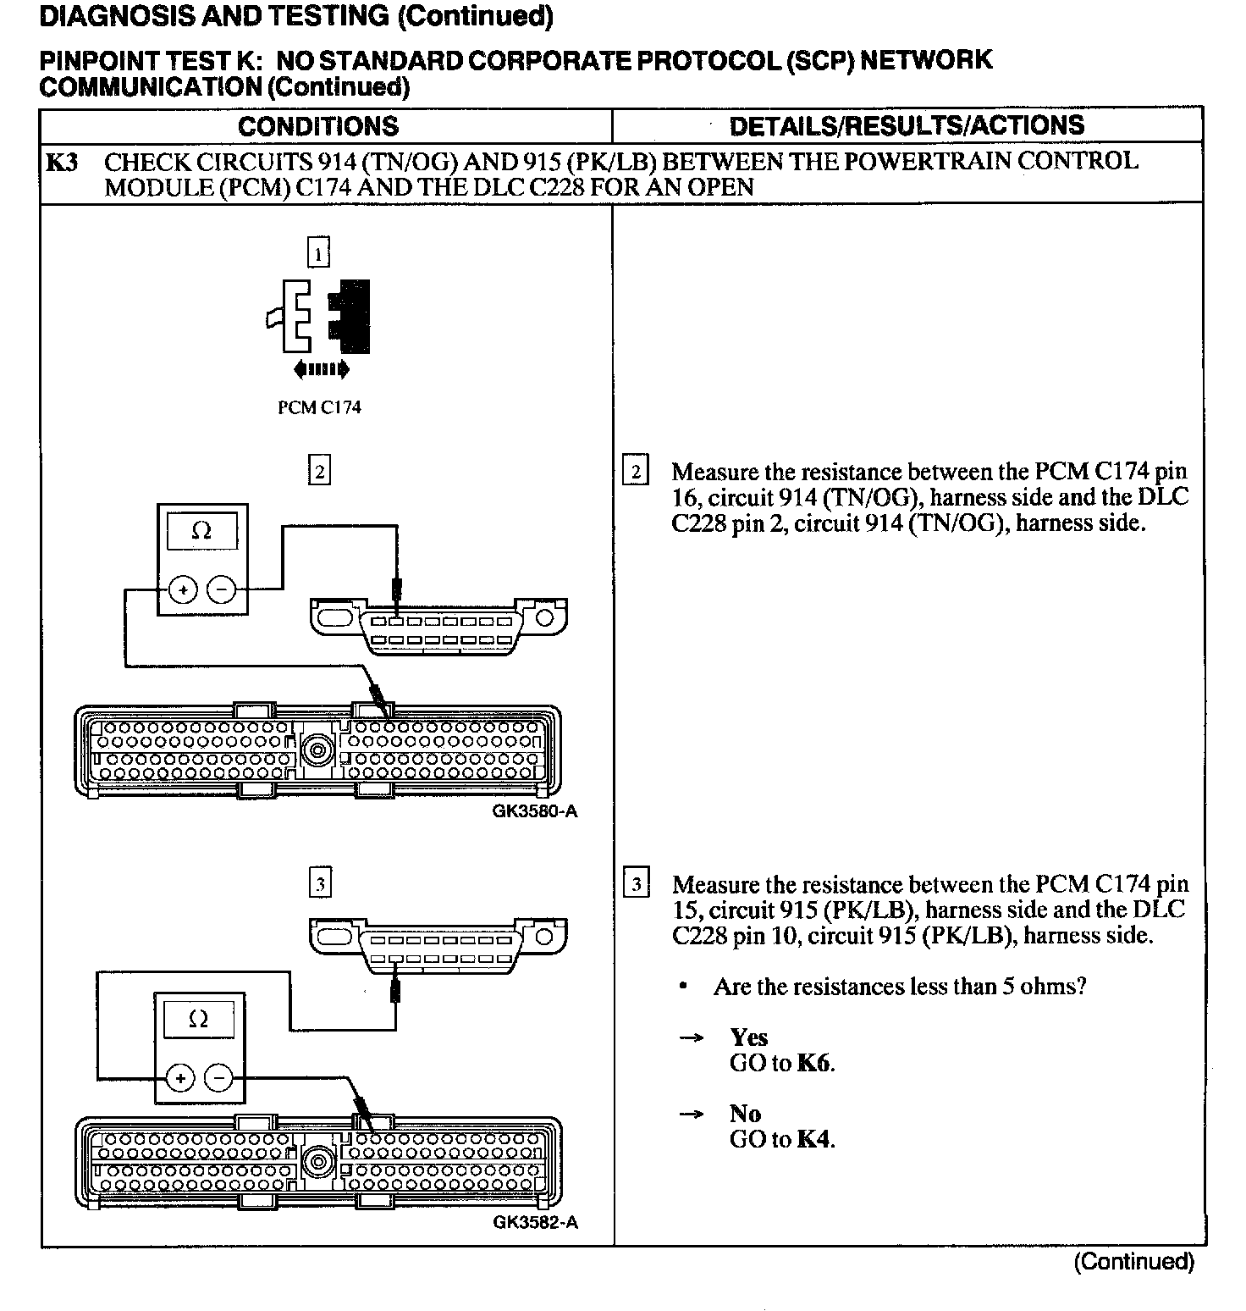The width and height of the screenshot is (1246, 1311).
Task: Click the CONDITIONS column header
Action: [318, 126]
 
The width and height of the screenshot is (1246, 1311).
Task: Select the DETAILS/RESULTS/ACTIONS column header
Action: [907, 125]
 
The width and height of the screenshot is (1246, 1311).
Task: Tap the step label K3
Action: [62, 162]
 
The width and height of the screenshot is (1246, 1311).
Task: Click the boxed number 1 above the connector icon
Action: [317, 252]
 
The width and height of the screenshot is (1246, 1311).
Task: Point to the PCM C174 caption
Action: [319, 407]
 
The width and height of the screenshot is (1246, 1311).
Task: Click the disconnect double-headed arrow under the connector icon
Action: [321, 369]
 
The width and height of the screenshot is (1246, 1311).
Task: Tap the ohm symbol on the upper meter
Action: [201, 531]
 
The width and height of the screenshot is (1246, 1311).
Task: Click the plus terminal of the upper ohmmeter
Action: [183, 589]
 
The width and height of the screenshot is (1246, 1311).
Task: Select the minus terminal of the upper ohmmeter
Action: [221, 589]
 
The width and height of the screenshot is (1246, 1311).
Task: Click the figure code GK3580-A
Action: [535, 811]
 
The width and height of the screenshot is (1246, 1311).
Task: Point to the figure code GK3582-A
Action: [535, 1223]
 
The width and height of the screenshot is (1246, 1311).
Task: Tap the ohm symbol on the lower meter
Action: [199, 1020]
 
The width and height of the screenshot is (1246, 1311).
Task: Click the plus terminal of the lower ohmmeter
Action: [180, 1078]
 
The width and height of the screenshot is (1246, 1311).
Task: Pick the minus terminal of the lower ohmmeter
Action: [218, 1078]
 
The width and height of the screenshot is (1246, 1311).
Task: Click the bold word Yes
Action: [748, 1037]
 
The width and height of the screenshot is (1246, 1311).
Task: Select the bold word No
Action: [745, 1114]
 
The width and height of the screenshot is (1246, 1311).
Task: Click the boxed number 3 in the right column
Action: [636, 885]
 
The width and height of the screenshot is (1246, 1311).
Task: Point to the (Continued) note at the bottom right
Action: [1133, 1262]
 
